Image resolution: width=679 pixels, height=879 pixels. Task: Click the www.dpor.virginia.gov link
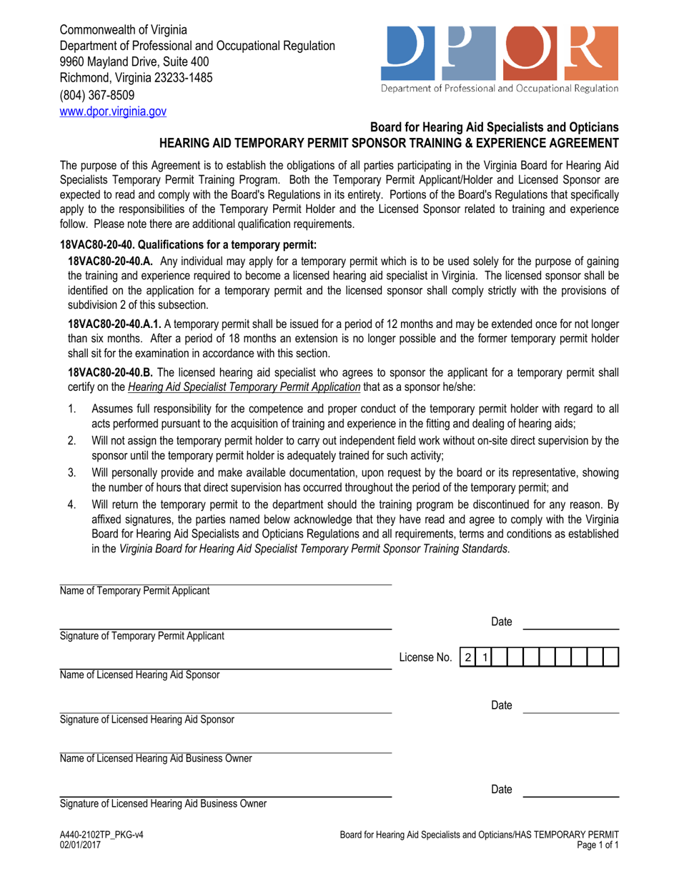click(113, 111)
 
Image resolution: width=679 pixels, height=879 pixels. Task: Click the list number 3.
click(71, 472)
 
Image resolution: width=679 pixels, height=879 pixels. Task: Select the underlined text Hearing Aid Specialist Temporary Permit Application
click(244, 387)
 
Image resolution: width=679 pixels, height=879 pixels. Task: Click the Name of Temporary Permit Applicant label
click(134, 591)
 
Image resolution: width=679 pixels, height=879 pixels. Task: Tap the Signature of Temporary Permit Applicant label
click(142, 635)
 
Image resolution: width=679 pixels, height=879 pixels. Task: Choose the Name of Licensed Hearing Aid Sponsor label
click(139, 675)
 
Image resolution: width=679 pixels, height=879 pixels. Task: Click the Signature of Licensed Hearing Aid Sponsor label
click(147, 719)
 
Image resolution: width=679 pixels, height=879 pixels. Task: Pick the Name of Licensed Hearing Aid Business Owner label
click(156, 758)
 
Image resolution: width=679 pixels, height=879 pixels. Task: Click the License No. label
click(426, 657)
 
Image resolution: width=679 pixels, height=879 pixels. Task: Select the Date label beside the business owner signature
click(502, 789)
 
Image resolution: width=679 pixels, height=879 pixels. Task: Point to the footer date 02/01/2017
click(80, 845)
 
